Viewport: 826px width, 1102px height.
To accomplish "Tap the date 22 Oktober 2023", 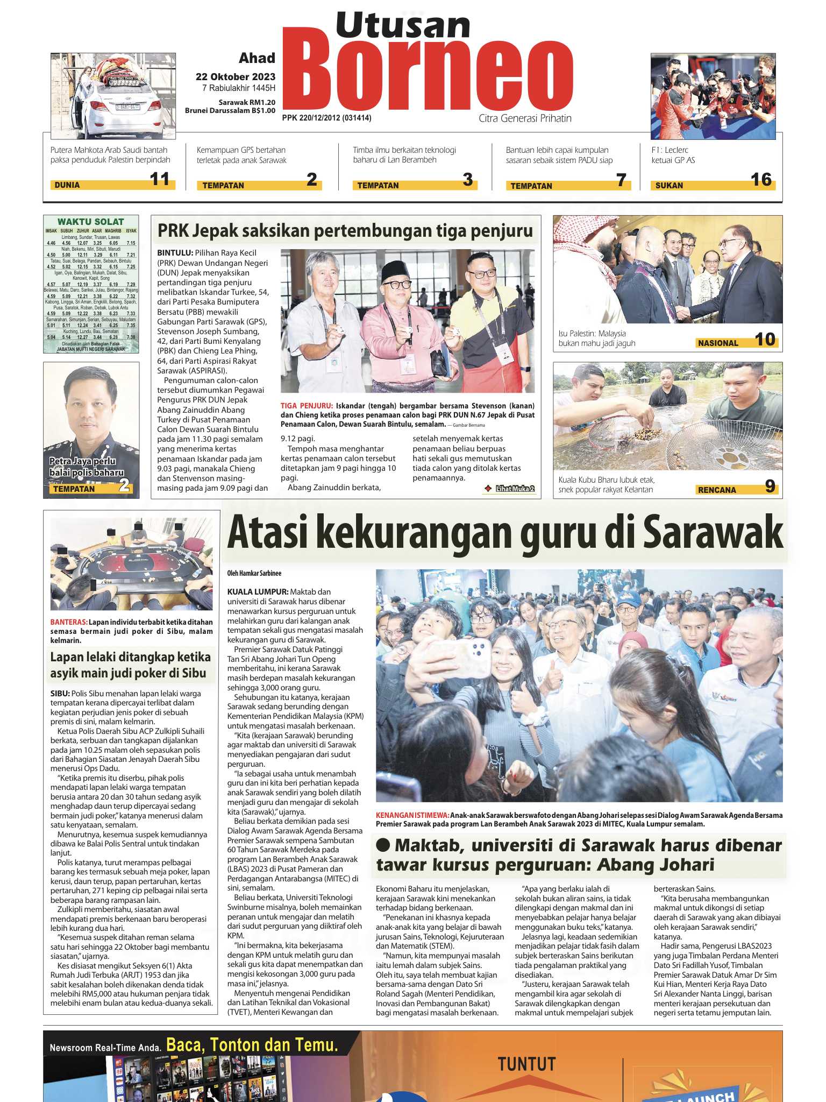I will pos(235,77).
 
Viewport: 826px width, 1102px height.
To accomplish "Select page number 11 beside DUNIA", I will pos(160,179).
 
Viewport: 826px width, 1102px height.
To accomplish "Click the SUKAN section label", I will pos(669,186).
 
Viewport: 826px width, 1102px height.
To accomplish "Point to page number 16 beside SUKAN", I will pos(761,180).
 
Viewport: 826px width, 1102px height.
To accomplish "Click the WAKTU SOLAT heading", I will pos(90,222).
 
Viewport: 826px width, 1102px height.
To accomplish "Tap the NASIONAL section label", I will pos(718,343).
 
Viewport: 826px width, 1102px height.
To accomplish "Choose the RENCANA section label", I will pos(716,490).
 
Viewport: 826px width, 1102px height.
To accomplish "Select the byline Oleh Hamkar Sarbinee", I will pos(254,574).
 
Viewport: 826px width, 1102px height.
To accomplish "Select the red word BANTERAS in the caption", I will pos(68,622).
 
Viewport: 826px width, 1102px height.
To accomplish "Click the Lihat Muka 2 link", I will pos(515,489).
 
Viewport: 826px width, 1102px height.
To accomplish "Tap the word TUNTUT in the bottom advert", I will pos(526,1064).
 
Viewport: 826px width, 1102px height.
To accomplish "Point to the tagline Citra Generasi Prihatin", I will pos(525,118).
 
